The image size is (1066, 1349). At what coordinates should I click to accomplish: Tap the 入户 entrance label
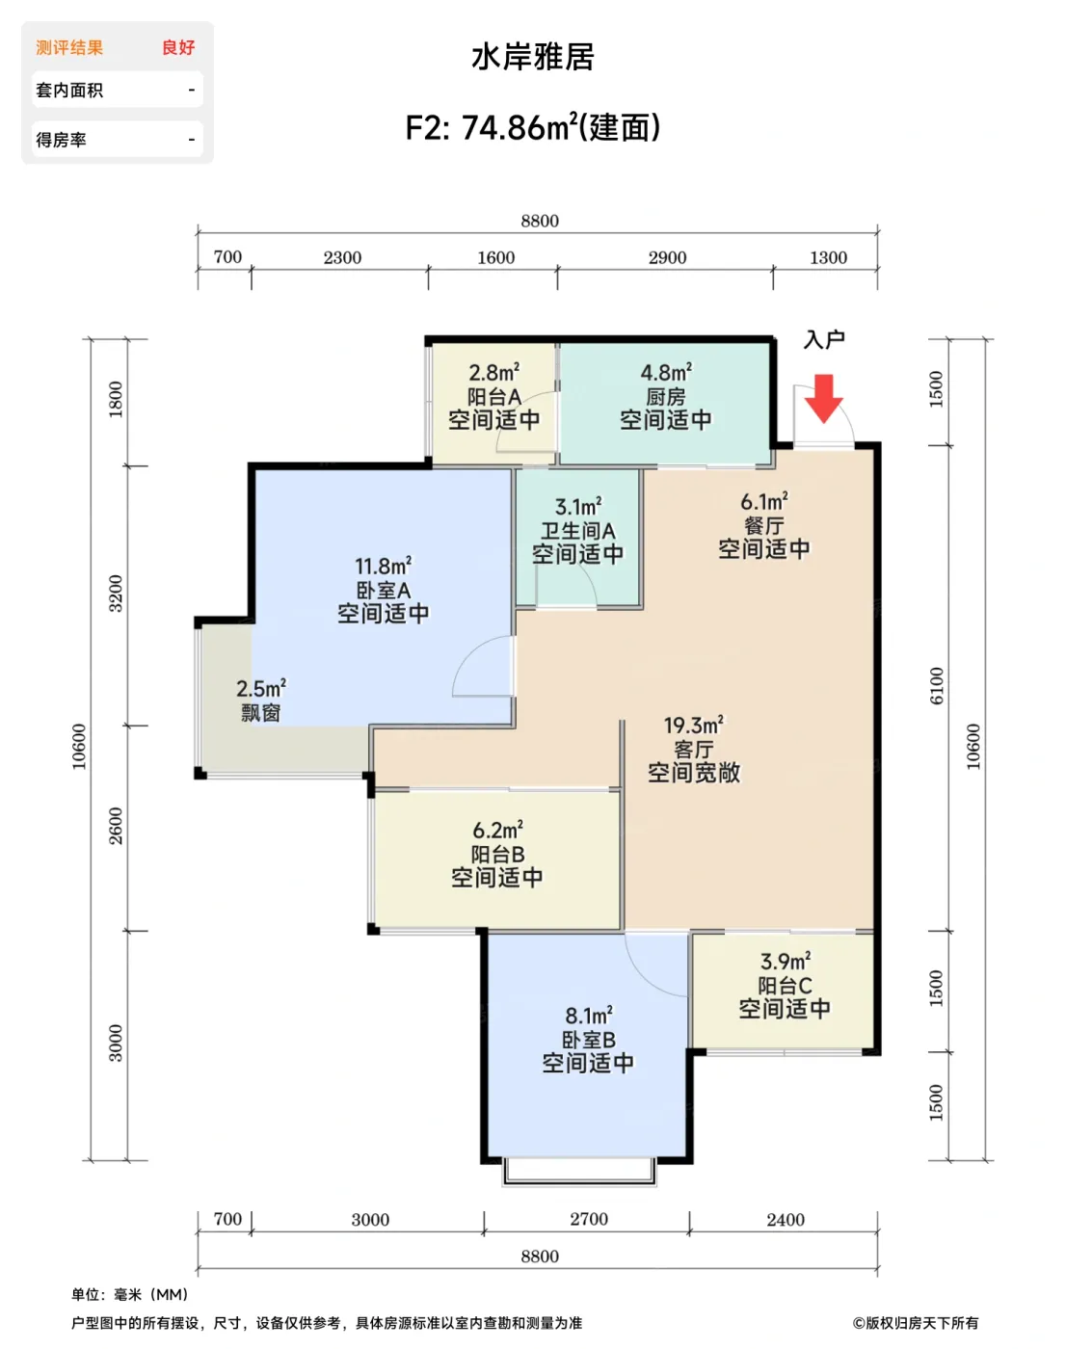[x=824, y=340]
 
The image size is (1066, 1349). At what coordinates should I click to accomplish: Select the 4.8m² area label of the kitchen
[x=666, y=372]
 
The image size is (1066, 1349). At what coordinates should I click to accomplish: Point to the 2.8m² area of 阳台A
[x=494, y=372]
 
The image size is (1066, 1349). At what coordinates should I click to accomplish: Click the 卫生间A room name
[x=578, y=531]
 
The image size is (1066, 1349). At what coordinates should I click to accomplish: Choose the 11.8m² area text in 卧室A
[x=384, y=566]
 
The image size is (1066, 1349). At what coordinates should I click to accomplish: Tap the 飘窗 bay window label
[x=261, y=713]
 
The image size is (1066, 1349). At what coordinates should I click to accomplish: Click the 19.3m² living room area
[x=694, y=726]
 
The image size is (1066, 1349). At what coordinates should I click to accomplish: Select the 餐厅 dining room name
[x=763, y=525]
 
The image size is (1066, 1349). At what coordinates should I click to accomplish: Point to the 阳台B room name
[x=497, y=854]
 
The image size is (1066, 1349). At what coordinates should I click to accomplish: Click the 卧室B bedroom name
[x=588, y=1040]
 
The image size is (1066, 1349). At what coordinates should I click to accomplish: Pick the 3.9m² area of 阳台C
[x=786, y=961]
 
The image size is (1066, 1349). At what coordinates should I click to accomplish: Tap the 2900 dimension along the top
[x=667, y=257]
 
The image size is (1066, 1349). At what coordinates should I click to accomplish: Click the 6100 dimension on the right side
[x=936, y=686]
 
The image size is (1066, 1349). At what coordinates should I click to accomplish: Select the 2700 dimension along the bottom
[x=589, y=1219]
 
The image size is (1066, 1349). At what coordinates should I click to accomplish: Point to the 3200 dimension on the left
[x=116, y=593]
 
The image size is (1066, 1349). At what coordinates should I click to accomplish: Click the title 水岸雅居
[x=533, y=57]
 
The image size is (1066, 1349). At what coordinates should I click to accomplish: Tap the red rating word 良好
[x=178, y=47]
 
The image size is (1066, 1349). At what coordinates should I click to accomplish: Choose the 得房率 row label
[x=61, y=139]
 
